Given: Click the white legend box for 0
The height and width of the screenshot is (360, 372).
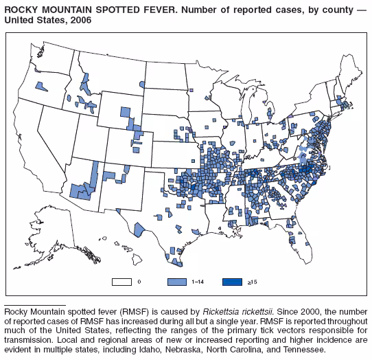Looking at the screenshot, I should [x=123, y=282].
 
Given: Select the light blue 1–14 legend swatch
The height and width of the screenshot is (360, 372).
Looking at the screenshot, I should [x=178, y=282].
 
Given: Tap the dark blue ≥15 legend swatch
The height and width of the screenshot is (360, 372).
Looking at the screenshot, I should [x=233, y=282].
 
